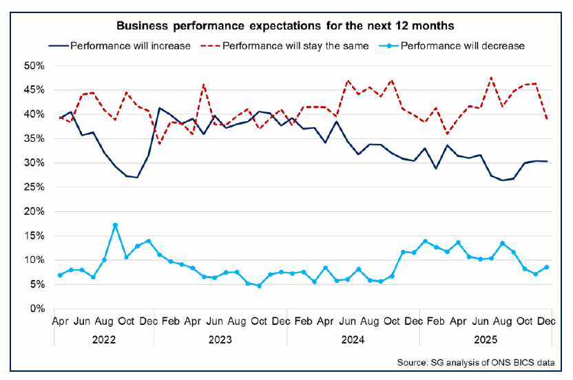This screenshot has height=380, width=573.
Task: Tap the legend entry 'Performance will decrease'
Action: (462, 46)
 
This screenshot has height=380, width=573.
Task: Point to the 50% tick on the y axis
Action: (35, 66)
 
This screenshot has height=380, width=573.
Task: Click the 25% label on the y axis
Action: (35, 187)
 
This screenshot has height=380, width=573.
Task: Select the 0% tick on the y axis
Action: (38, 309)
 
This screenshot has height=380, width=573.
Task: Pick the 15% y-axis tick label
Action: (35, 236)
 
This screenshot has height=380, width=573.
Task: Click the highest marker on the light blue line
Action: (115, 225)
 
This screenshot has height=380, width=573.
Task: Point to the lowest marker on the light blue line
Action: (259, 286)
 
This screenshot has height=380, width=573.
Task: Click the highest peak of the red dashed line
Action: (491, 77)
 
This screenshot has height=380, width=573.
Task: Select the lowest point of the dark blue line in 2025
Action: (502, 180)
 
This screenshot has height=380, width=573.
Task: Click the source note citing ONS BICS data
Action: (481, 363)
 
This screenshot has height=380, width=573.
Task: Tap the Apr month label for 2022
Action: (60, 321)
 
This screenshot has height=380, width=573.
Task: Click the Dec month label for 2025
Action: (546, 321)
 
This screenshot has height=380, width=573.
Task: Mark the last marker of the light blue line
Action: (546, 267)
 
